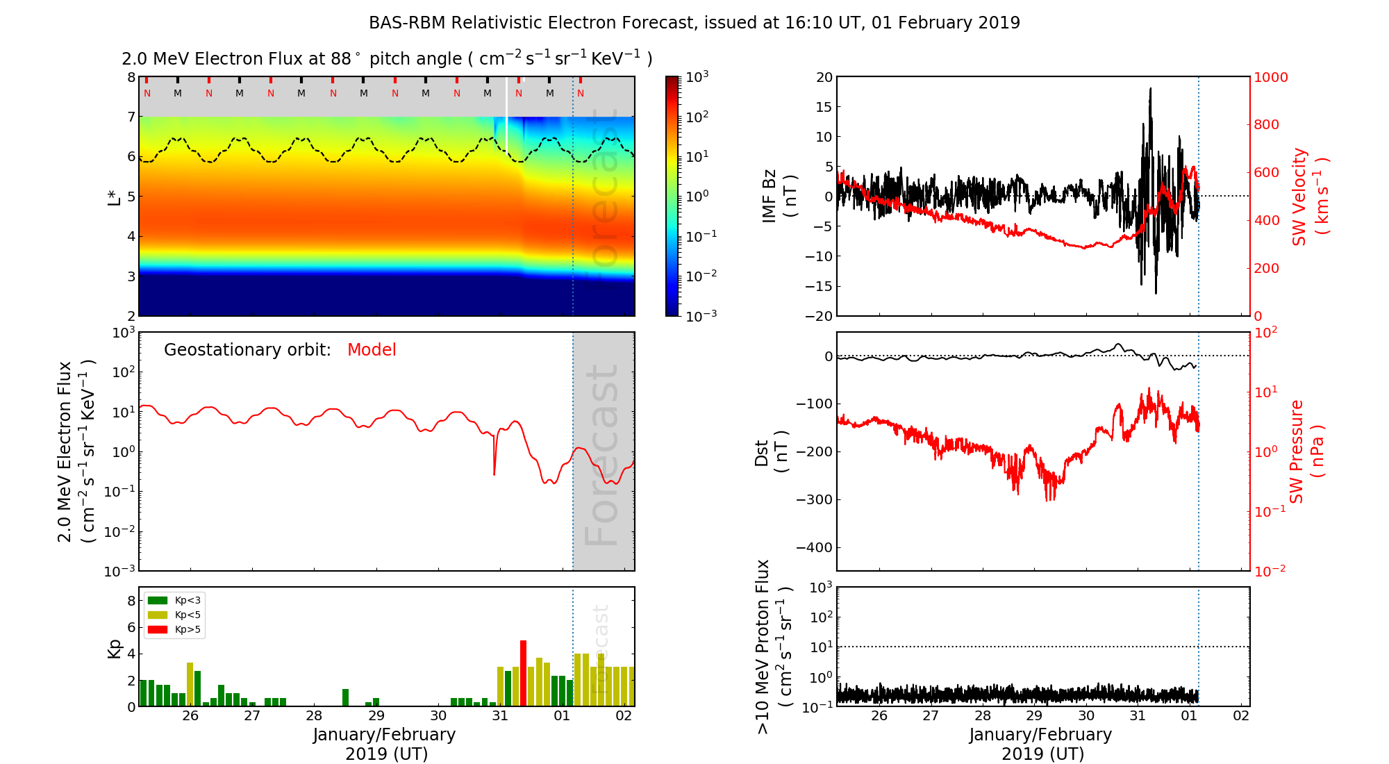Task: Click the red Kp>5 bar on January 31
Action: coord(523,672)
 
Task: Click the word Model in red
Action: coord(372,350)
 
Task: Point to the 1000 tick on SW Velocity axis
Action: coord(1271,77)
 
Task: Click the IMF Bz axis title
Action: coord(779,197)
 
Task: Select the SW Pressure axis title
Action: coord(1307,451)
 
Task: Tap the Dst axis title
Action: coord(771,451)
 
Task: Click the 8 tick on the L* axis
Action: coord(131,77)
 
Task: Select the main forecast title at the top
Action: coord(694,23)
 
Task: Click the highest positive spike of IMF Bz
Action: coord(1150,89)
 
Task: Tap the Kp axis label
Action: coord(115,648)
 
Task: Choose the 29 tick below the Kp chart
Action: coord(376,716)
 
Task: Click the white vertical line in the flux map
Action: coord(506,115)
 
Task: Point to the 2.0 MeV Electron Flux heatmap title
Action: coord(387,59)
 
